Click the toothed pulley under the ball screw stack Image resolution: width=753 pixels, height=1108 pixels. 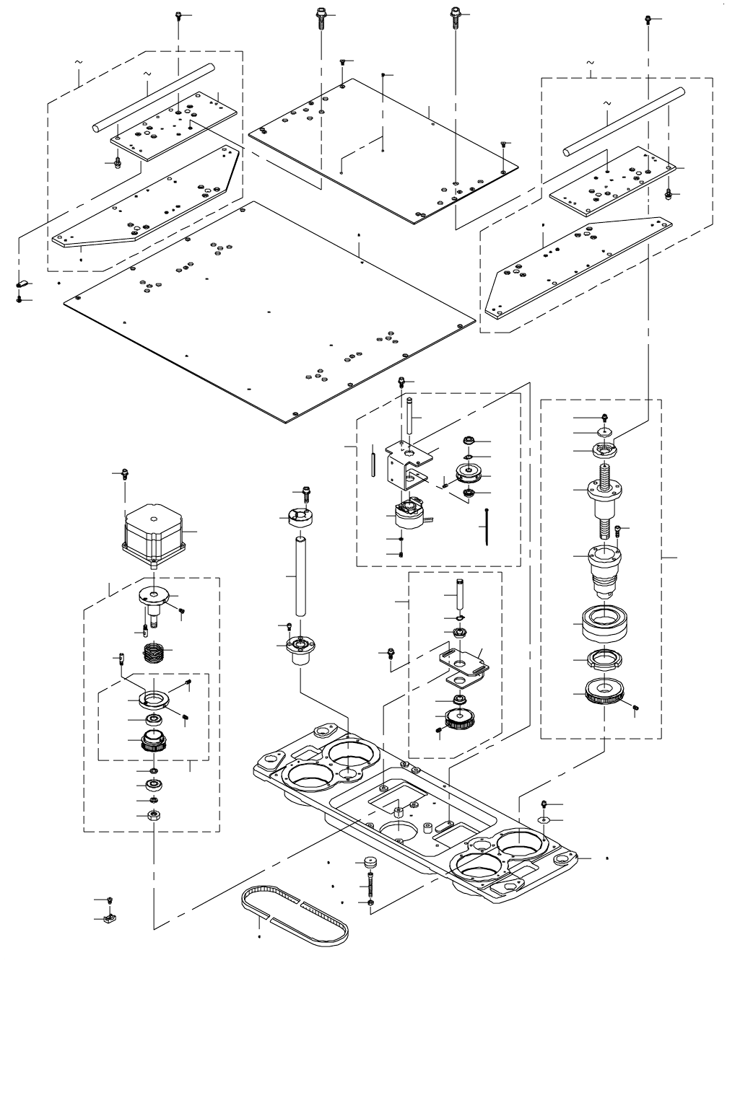point(604,693)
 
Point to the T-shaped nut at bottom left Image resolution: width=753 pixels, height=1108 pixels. point(111,919)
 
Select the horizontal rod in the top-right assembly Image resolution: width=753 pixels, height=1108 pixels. point(623,120)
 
